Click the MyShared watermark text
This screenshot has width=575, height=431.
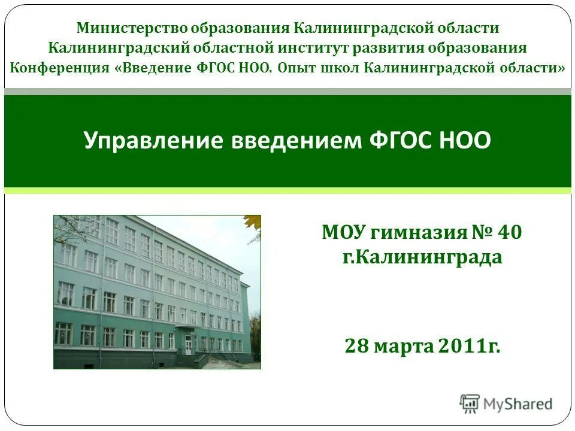(517, 404)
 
